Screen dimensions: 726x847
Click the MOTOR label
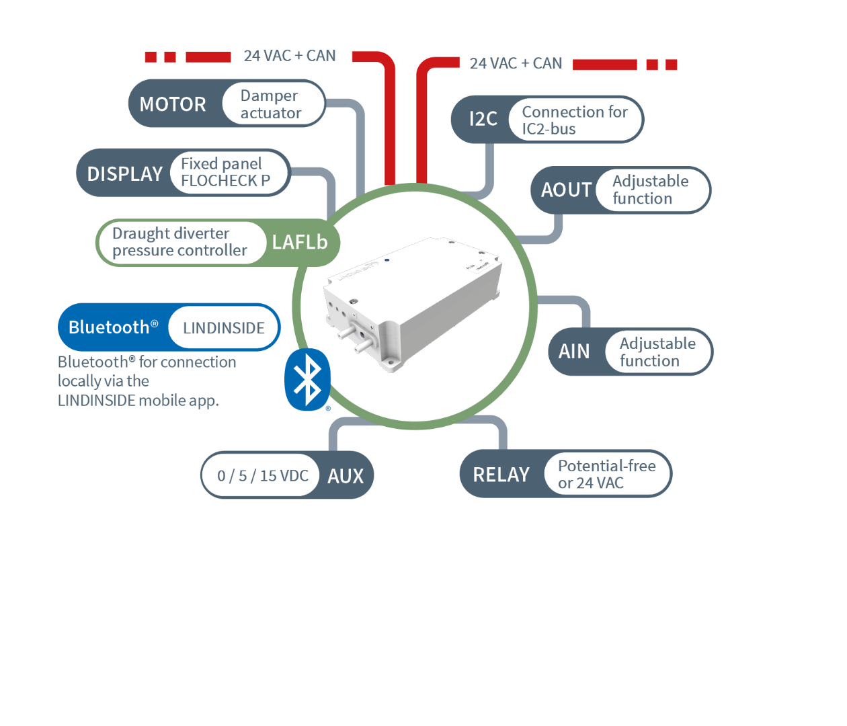[x=173, y=104]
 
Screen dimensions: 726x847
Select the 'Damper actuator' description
[x=271, y=104]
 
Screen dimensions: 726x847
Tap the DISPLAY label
[x=125, y=174]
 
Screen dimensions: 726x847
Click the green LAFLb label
[x=300, y=242]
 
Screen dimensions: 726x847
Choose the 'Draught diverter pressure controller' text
[x=179, y=242]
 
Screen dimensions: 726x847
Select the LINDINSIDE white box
[x=224, y=328]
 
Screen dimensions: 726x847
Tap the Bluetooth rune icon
[x=308, y=379]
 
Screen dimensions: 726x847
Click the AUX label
[x=346, y=476]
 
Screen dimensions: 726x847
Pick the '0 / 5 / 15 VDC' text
[x=263, y=476]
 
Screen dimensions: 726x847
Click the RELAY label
[x=501, y=475]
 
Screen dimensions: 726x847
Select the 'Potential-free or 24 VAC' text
[x=606, y=475]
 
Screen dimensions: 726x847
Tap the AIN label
[x=574, y=352]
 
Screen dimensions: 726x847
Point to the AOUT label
[x=566, y=190]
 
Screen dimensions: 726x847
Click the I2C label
[x=483, y=120]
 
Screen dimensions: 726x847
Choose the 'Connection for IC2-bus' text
[x=575, y=120]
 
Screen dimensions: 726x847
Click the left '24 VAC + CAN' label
[x=290, y=56]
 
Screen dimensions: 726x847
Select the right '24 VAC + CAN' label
[x=516, y=63]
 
